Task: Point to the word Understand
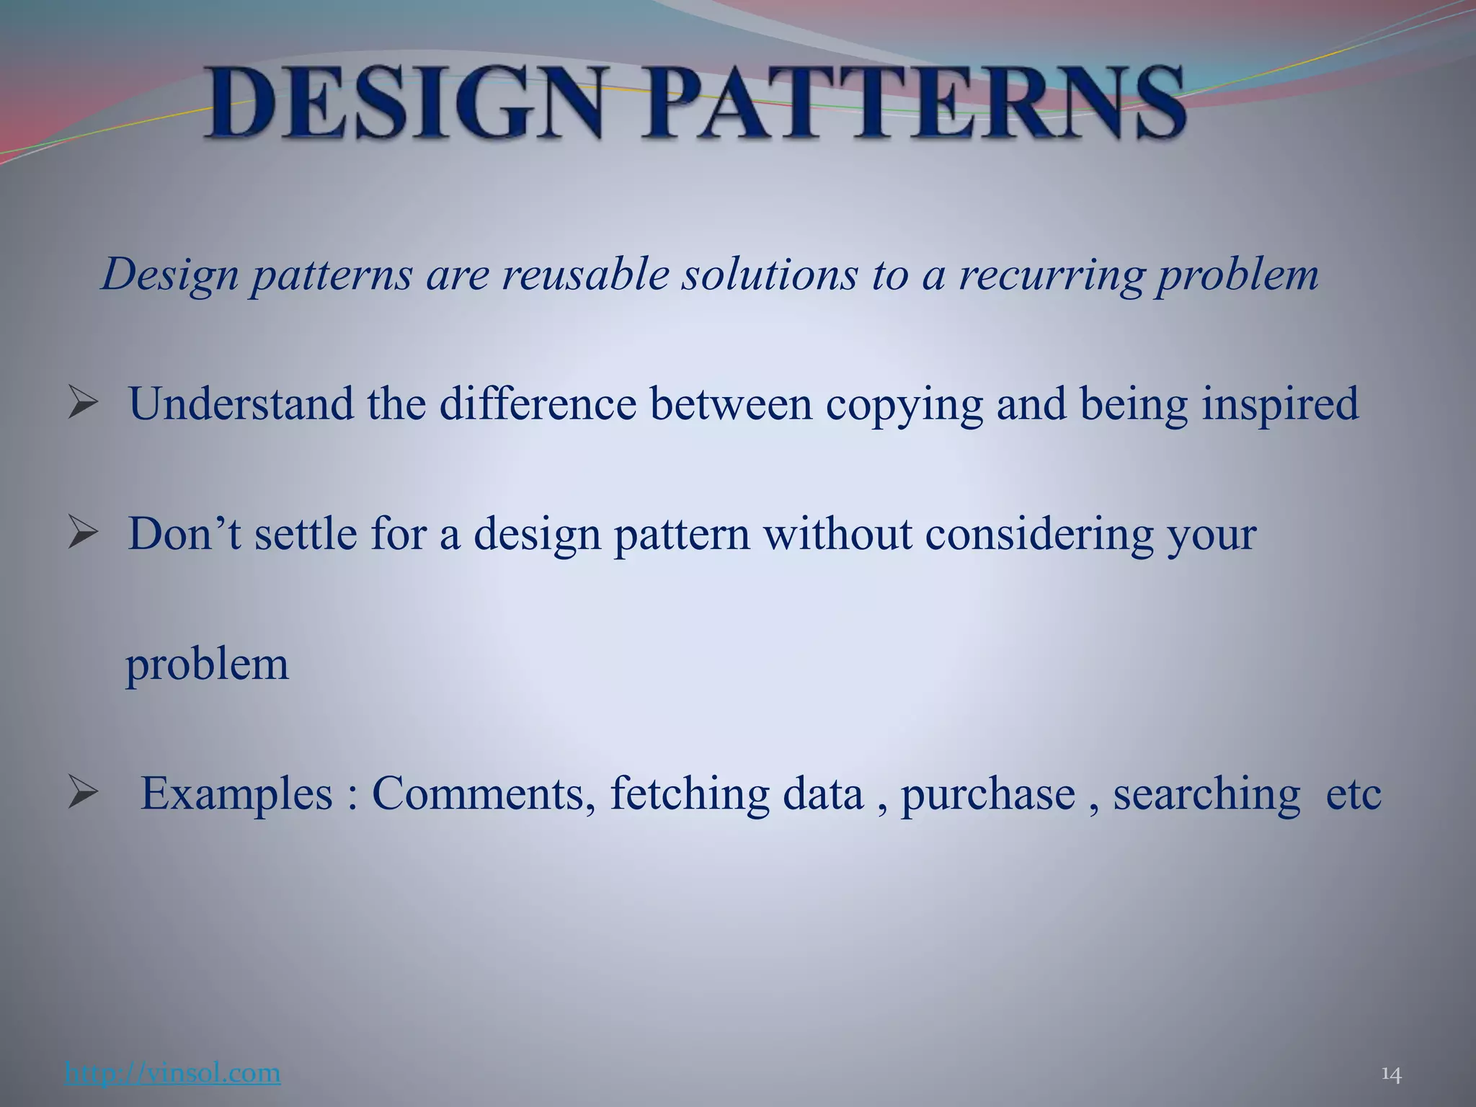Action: click(x=241, y=404)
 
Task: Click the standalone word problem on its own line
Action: click(x=208, y=664)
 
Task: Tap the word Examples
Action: click(x=236, y=794)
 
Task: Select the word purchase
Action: click(x=988, y=794)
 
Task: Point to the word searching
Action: click(x=1206, y=794)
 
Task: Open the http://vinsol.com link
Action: click(x=172, y=1072)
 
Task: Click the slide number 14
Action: click(x=1390, y=1075)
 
